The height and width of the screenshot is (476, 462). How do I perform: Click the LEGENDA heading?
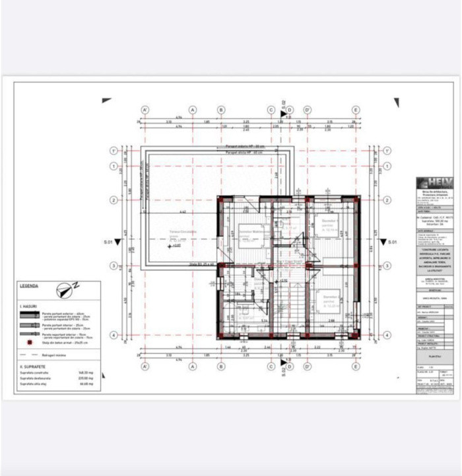click(x=29, y=286)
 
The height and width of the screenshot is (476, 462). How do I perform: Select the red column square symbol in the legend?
click(x=30, y=342)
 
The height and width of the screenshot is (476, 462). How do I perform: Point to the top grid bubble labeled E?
click(x=356, y=110)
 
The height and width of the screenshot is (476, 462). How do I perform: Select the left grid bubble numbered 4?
click(x=114, y=335)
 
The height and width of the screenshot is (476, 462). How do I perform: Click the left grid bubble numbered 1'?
click(x=114, y=151)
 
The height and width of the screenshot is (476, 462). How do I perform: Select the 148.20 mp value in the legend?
click(x=84, y=373)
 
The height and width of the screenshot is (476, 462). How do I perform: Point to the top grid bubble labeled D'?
click(x=308, y=110)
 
